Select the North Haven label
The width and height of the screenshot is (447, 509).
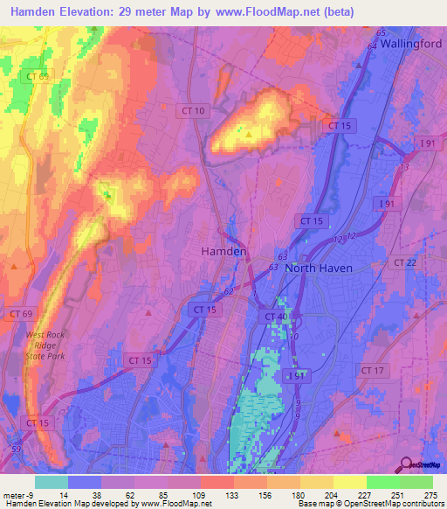click(x=319, y=268)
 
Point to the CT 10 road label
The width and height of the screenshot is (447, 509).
click(x=195, y=110)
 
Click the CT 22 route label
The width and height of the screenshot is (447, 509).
click(x=404, y=262)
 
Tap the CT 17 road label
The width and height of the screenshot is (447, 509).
click(x=372, y=371)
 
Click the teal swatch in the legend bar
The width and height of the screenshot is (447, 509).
click(x=52, y=482)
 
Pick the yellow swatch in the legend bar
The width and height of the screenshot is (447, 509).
click(x=350, y=482)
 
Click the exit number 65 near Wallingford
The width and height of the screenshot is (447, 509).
click(x=381, y=33)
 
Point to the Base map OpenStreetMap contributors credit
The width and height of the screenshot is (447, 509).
click(x=370, y=505)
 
